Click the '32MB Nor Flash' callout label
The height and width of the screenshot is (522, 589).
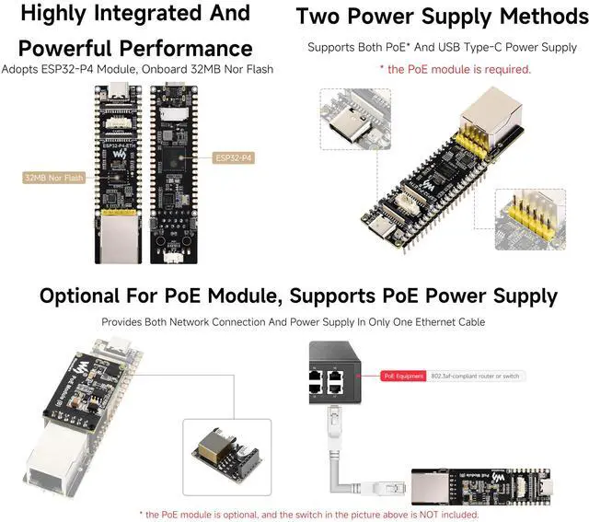(x=54, y=177)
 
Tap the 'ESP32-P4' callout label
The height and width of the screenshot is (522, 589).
(x=233, y=157)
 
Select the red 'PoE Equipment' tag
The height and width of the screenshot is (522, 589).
(x=402, y=376)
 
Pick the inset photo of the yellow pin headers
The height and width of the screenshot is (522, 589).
(x=529, y=219)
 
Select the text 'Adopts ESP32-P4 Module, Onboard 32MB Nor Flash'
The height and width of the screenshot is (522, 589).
(x=137, y=69)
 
